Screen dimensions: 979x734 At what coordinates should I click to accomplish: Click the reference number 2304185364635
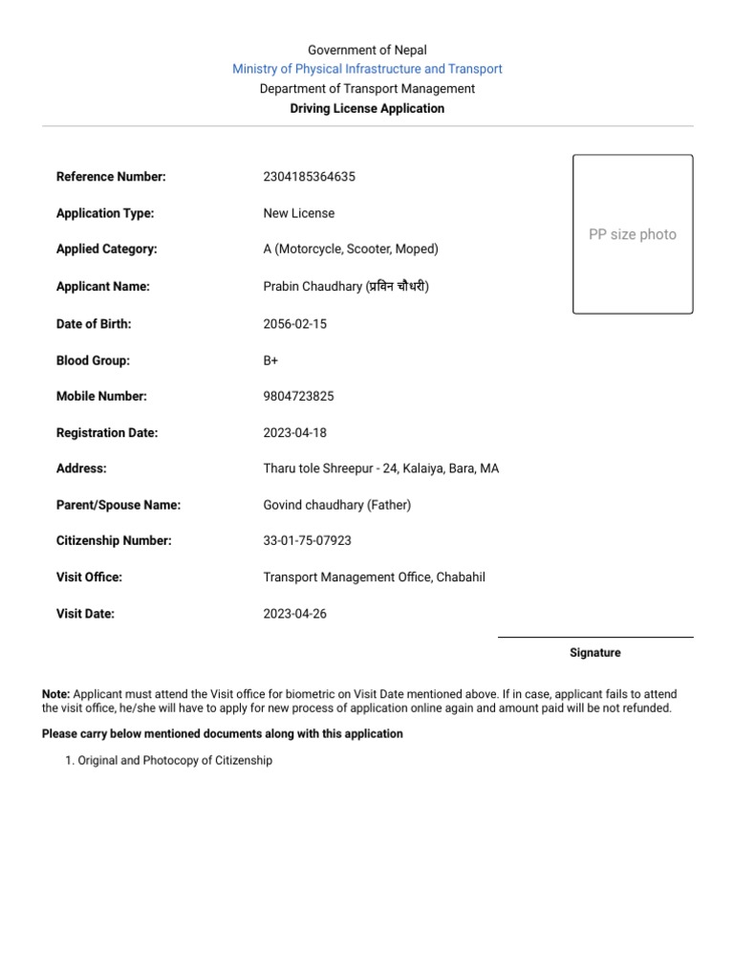click(309, 177)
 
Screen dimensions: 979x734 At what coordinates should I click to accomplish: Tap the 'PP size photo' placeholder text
click(632, 234)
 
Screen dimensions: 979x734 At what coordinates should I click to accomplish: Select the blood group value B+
click(270, 360)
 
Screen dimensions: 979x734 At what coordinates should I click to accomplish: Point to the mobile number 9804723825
click(298, 397)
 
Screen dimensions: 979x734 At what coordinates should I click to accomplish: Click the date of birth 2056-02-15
click(294, 324)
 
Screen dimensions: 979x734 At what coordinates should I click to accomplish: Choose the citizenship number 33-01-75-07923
click(307, 541)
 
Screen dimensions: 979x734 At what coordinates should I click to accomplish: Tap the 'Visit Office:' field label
click(89, 577)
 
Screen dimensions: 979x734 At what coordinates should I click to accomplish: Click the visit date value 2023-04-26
click(294, 614)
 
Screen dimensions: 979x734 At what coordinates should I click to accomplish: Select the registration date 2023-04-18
click(294, 433)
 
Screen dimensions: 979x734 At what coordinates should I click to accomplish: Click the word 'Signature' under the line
click(594, 653)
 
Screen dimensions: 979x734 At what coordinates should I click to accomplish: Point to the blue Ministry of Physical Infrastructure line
click(367, 69)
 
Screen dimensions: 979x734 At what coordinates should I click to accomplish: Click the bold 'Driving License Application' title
click(367, 109)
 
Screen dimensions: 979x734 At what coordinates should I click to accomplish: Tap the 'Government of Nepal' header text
click(367, 50)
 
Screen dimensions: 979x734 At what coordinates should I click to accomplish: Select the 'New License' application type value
click(298, 213)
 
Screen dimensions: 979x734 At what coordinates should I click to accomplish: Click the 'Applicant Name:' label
click(103, 287)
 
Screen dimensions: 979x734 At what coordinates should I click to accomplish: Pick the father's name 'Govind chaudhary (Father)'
click(336, 505)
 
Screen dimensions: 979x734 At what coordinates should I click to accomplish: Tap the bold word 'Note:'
click(55, 694)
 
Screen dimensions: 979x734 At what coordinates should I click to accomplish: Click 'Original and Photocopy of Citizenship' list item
click(175, 761)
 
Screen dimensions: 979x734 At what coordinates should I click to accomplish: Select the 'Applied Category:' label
click(107, 250)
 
